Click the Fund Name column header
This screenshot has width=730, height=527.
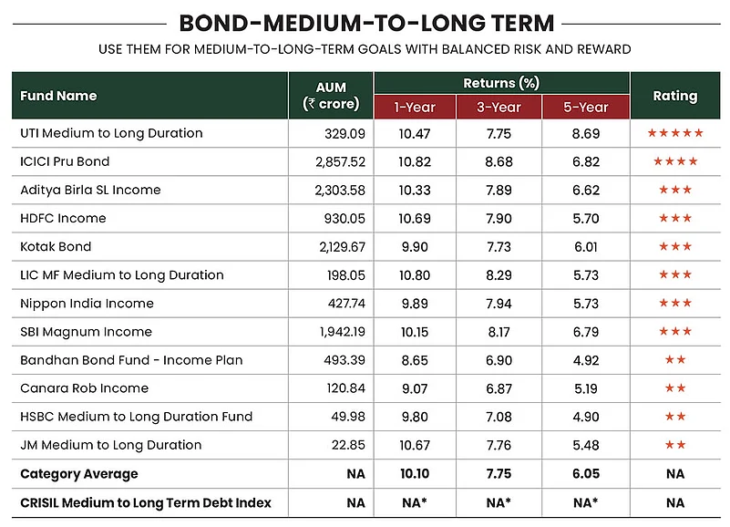point(58,96)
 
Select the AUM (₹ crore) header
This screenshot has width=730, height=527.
point(331,96)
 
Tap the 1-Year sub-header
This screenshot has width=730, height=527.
point(415,108)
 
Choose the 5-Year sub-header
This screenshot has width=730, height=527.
point(586,108)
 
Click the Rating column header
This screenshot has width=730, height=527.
point(675,96)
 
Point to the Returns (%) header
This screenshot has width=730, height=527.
point(501,83)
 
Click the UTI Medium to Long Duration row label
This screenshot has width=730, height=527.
point(111,133)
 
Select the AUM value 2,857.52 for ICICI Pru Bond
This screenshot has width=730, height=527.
point(340,161)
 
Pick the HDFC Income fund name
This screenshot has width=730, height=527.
point(63,218)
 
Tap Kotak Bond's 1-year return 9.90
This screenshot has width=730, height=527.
point(415,246)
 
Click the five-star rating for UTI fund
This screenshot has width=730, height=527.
point(675,133)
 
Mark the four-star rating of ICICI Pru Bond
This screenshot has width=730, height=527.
point(675,161)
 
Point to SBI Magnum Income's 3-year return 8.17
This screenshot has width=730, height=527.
point(499,332)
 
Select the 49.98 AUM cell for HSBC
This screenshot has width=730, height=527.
point(348,417)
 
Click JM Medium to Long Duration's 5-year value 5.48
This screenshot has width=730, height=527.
point(586,445)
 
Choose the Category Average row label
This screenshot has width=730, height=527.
point(79,474)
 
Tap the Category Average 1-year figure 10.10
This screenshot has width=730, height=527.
point(415,474)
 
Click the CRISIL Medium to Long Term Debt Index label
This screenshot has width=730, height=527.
point(146,502)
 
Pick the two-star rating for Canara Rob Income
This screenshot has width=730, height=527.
point(675,388)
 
